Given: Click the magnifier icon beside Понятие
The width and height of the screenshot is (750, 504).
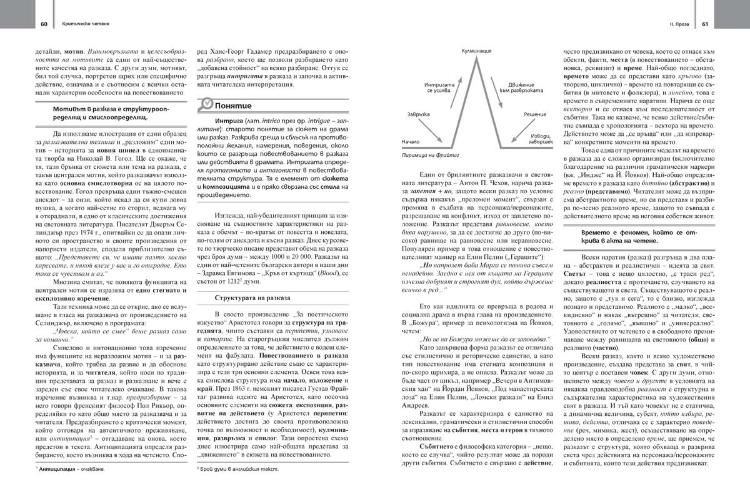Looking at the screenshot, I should click(205, 105).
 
